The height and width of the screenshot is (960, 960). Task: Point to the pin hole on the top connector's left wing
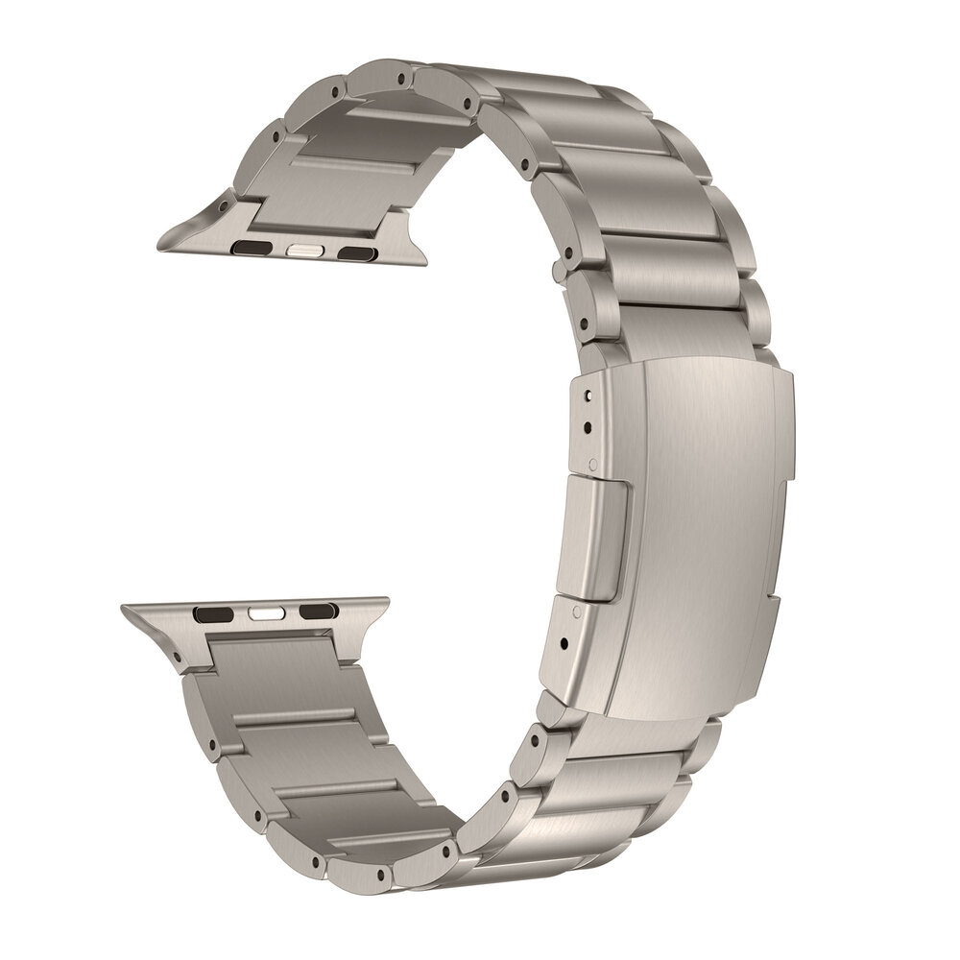point(224,204)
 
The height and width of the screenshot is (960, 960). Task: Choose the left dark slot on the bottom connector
point(210,611)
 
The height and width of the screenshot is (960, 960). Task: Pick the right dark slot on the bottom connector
point(313,611)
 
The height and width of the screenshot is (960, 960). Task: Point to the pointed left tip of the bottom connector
point(123,608)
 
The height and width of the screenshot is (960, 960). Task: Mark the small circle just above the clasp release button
point(597,464)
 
